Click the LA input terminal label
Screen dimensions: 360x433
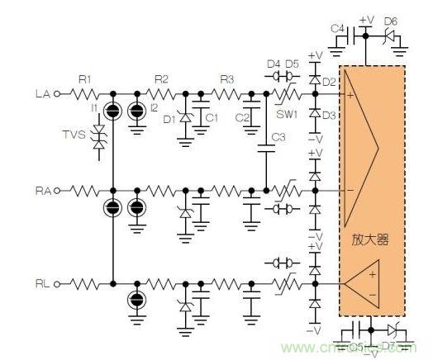point(42,94)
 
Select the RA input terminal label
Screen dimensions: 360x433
point(42,191)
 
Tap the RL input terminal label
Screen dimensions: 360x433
point(42,284)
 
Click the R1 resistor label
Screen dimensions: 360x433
point(83,79)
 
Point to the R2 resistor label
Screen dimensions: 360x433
point(162,79)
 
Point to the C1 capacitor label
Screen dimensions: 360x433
point(212,119)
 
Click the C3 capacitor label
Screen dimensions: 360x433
point(278,136)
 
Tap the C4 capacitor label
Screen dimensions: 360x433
point(336,29)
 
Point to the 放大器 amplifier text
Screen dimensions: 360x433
point(369,239)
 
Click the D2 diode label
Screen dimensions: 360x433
point(328,82)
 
